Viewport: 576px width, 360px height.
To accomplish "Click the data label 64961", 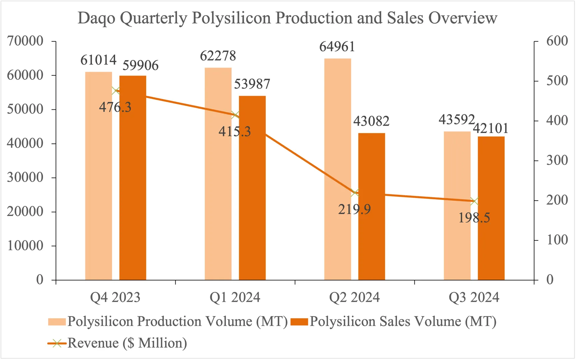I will pyautogui.click(x=337, y=47).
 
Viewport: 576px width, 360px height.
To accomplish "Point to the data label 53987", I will pyautogui.click(x=252, y=84).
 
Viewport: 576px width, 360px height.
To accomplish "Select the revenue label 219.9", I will pyautogui.click(x=354, y=209).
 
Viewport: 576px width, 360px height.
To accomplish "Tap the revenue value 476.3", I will pyautogui.click(x=115, y=107).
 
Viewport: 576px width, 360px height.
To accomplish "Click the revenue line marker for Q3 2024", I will pyautogui.click(x=474, y=201).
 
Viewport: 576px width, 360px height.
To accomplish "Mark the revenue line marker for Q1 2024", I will pyautogui.click(x=235, y=115).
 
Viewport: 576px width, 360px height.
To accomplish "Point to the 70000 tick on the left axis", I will pyautogui.click(x=25, y=41).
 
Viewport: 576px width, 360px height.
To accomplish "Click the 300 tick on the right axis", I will pyautogui.click(x=557, y=160).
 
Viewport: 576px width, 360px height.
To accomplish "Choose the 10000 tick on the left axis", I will pyautogui.click(x=25, y=246).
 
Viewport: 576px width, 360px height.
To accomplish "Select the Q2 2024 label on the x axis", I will pyautogui.click(x=354, y=297).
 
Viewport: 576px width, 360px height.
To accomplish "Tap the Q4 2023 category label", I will pyautogui.click(x=115, y=297).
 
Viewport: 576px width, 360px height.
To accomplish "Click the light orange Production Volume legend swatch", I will pyautogui.click(x=57, y=322).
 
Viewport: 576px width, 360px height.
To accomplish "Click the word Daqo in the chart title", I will pyautogui.click(x=96, y=18).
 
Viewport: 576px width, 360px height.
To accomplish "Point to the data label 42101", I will pyautogui.click(x=491, y=128).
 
